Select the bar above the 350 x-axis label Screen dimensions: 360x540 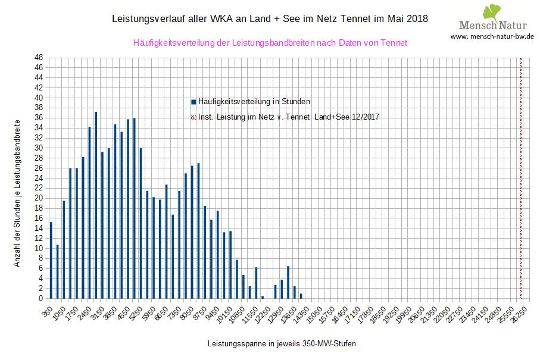51,260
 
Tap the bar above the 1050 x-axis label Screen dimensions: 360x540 64,249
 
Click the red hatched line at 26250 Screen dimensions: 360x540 521,179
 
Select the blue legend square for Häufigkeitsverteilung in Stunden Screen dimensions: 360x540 193,102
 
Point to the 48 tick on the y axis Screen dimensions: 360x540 38,58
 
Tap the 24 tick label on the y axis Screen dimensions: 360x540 38,178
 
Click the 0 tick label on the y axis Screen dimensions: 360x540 40,299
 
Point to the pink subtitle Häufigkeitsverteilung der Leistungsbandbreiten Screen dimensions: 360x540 270,43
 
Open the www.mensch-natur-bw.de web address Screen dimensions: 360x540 492,37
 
